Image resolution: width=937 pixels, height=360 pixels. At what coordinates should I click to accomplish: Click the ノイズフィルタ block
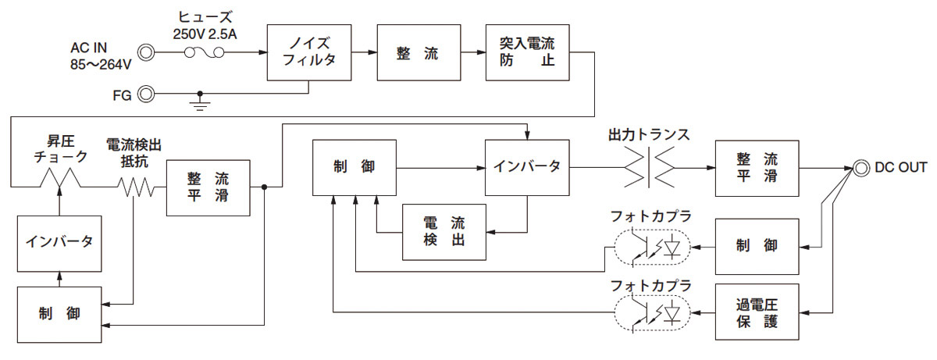(309, 52)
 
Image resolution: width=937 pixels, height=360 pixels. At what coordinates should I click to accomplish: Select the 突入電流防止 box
(527, 52)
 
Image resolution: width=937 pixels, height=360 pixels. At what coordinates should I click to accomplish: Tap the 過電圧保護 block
(757, 312)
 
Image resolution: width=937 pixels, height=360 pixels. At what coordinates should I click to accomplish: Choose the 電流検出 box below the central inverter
(444, 232)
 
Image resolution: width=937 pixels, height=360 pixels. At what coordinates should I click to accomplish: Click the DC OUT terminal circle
(861, 167)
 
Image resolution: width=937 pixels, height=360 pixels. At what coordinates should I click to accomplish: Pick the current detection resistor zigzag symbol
(134, 187)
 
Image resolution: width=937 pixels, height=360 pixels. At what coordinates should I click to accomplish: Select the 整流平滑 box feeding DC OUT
(757, 167)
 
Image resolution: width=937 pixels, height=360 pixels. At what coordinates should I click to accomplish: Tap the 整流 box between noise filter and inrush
(419, 52)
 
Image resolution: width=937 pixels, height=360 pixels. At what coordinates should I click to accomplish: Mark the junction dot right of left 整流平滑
(265, 187)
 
